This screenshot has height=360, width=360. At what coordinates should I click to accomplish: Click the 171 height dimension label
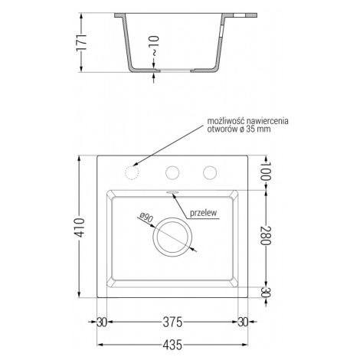(x=83, y=42)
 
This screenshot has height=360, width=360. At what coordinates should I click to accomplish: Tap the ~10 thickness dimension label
(x=155, y=46)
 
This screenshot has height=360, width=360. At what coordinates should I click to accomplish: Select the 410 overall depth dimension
(x=80, y=227)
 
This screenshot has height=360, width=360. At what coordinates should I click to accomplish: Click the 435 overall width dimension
(x=173, y=345)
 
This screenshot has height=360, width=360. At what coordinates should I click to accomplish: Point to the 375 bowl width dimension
(x=173, y=322)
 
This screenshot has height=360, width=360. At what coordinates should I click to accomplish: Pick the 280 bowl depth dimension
(x=265, y=235)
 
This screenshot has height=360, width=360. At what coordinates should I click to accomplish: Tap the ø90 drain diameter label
(x=146, y=218)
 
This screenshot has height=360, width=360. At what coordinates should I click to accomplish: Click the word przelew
(x=203, y=212)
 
